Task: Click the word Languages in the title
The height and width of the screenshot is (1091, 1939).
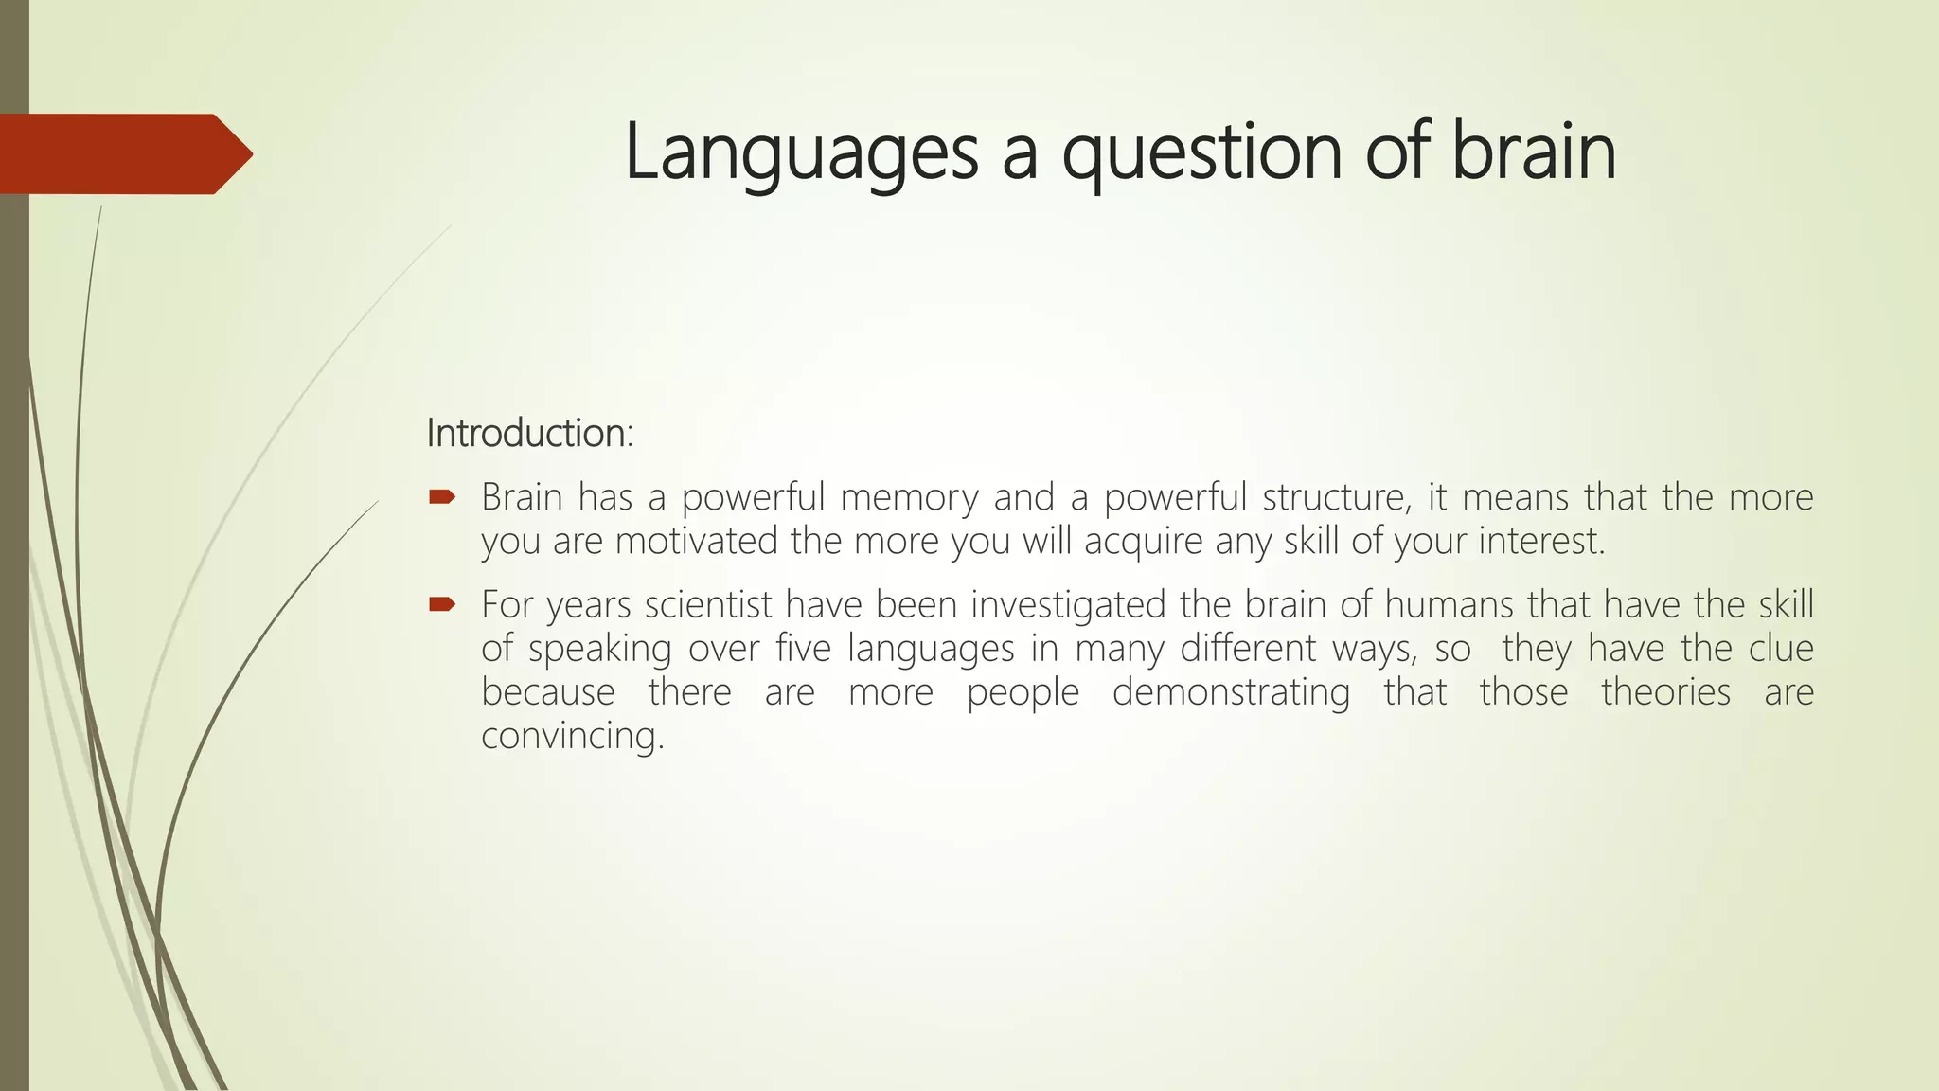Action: [801, 153]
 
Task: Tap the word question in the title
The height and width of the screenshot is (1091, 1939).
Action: [1201, 153]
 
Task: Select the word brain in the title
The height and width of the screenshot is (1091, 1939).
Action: [1533, 153]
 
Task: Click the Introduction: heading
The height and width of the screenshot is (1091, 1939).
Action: [529, 433]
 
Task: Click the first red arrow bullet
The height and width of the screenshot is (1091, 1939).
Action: [442, 496]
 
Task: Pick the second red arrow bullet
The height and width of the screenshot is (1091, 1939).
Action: [442, 604]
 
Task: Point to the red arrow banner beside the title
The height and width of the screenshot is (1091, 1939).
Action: [123, 154]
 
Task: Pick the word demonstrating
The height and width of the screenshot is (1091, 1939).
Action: [1231, 693]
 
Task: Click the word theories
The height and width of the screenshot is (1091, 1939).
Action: [1665, 692]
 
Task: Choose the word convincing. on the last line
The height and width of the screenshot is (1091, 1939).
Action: [573, 736]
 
